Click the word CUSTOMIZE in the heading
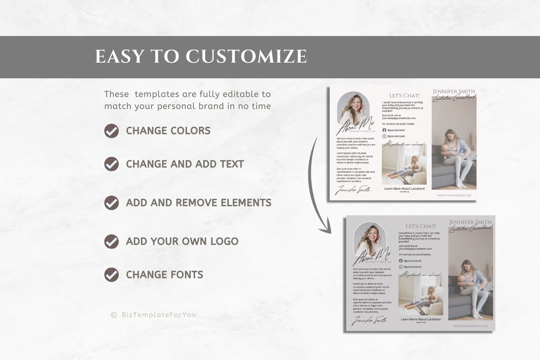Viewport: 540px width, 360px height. pos(246,56)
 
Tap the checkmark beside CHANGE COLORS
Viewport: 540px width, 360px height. pos(112,131)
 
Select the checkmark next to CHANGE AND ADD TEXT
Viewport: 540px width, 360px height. pos(112,164)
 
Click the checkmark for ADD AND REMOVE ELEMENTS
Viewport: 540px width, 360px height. pos(112,203)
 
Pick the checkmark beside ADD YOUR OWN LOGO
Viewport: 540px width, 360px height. pos(112,241)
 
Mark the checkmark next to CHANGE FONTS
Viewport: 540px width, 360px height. pos(112,275)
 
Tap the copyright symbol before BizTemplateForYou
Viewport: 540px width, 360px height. pos(114,315)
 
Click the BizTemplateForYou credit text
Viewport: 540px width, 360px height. pos(159,315)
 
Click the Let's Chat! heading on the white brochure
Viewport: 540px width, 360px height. pos(404,96)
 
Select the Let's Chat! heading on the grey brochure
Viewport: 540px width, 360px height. pos(421,226)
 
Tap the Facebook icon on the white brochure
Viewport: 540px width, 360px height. pos(384,130)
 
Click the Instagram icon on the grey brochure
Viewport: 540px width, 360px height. pos(401,267)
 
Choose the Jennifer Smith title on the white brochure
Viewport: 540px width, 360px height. pos(454,91)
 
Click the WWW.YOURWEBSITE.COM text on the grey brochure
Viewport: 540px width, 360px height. pos(471,326)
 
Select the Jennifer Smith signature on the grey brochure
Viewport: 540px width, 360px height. pos(369,320)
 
